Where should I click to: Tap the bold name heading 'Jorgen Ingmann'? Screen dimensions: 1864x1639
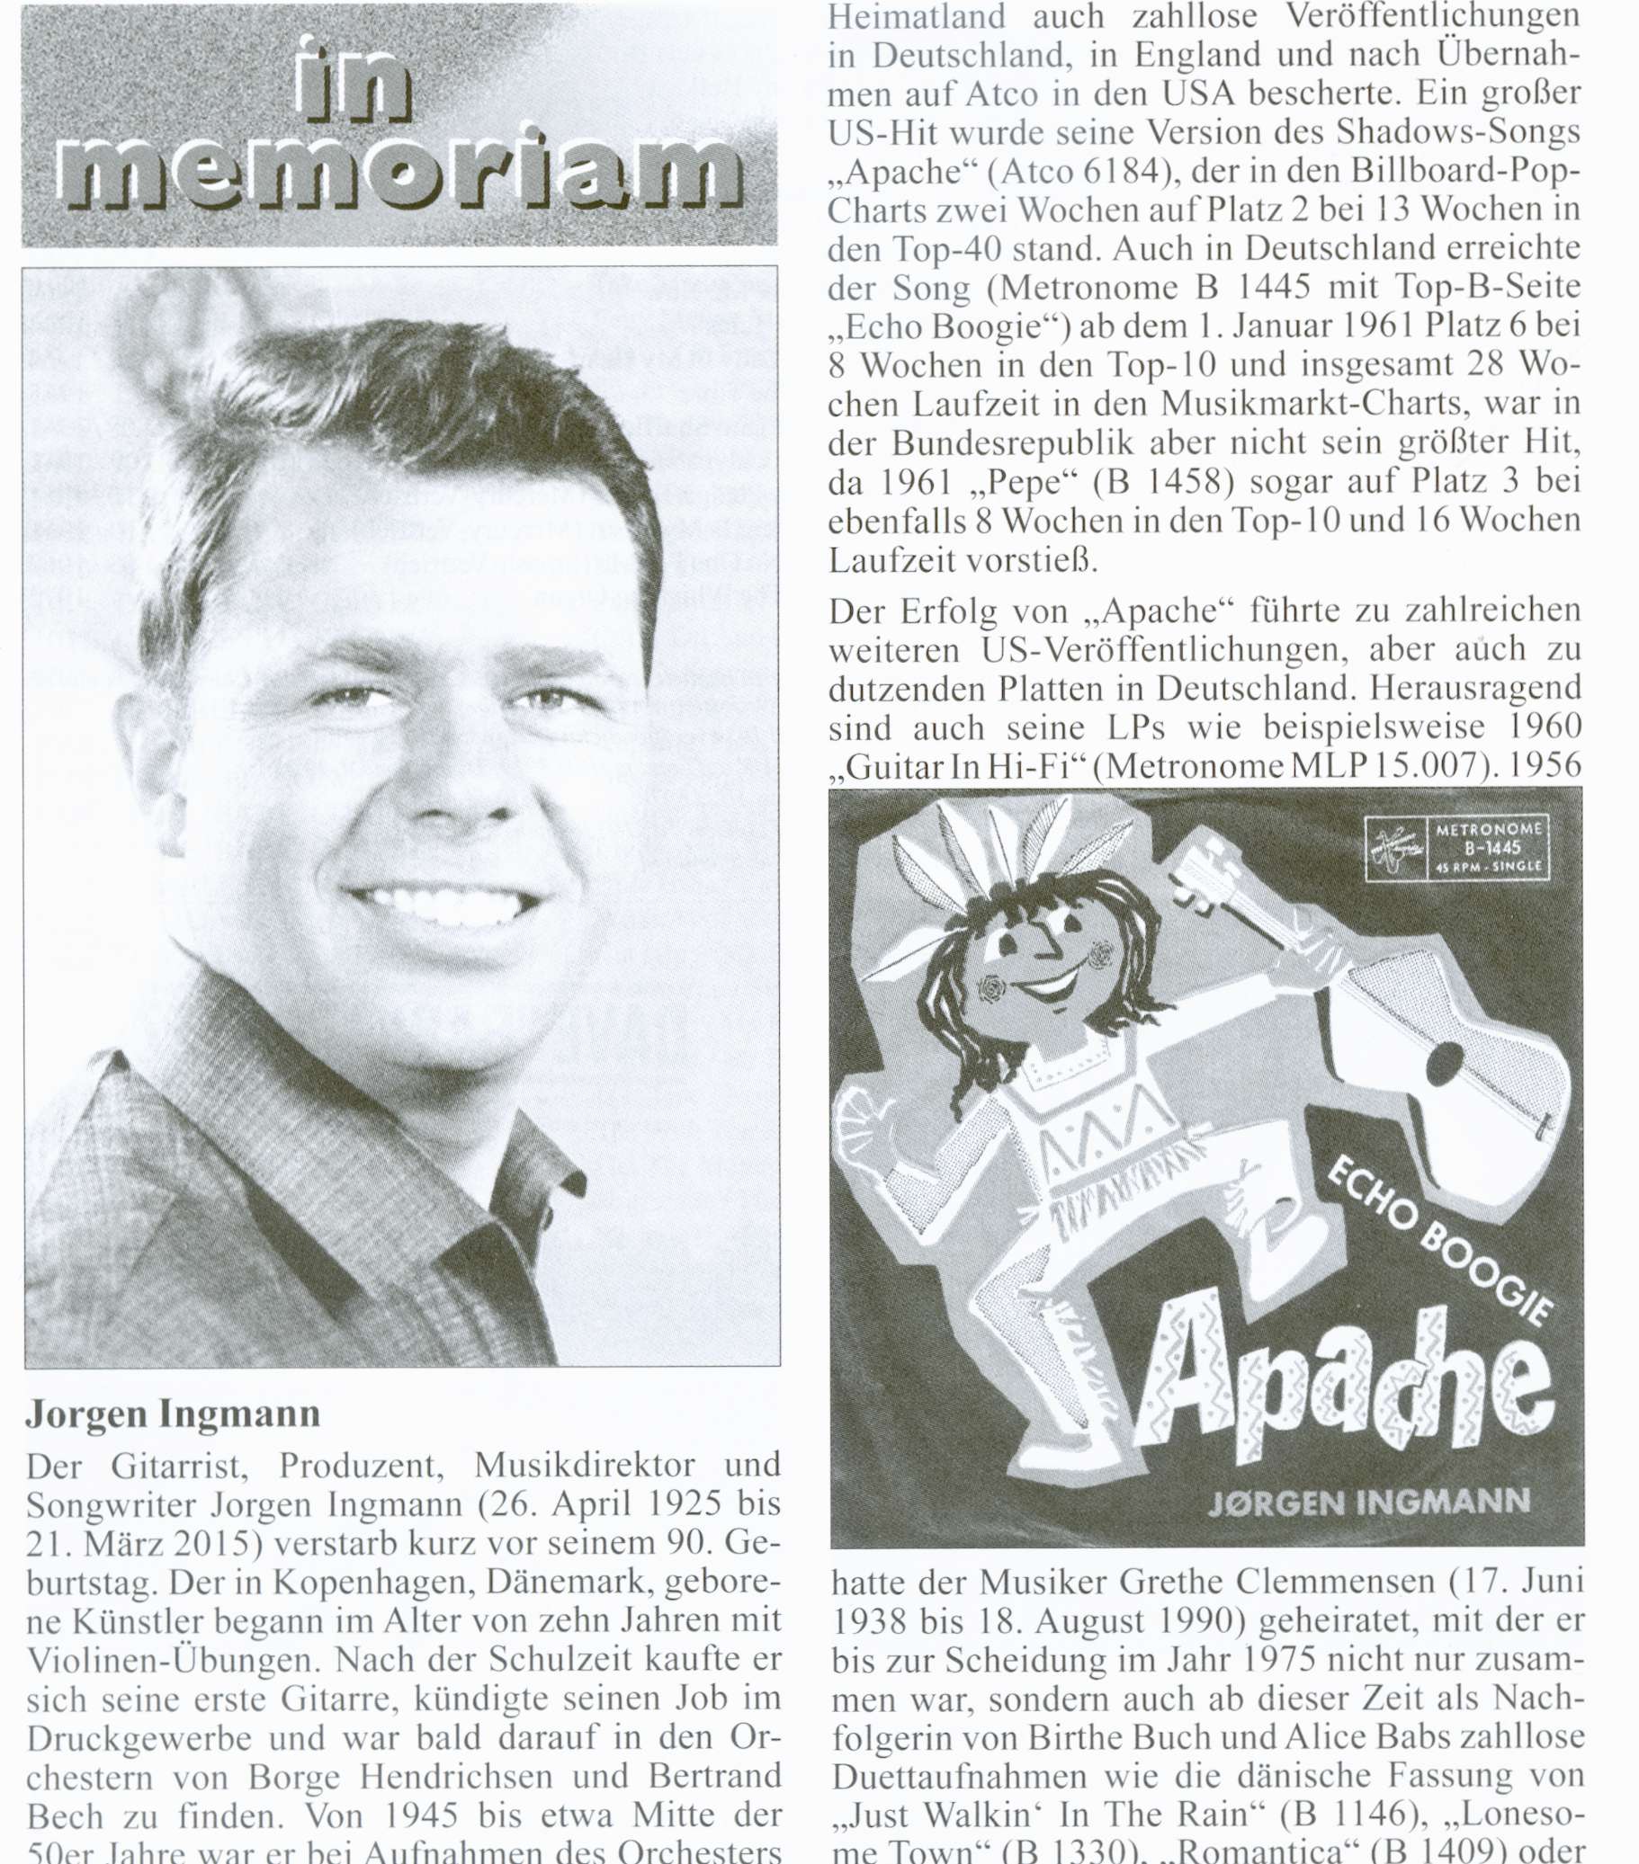173,1414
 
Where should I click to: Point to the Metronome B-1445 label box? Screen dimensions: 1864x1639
1456,848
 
